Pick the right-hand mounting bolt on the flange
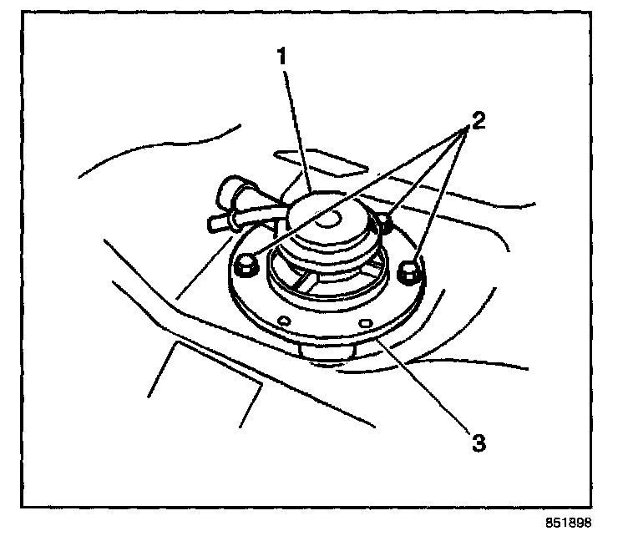(x=409, y=271)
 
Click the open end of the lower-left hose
(x=210, y=223)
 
